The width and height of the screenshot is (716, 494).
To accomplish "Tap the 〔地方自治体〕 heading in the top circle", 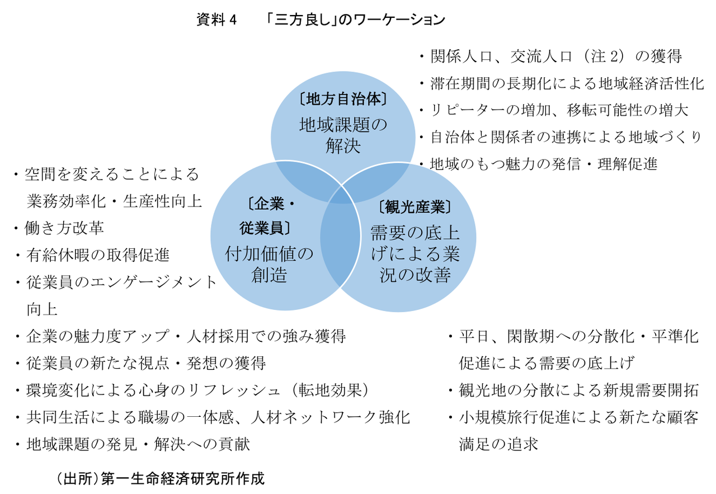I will pos(343,100).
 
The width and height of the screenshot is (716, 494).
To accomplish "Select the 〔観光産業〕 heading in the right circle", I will pos(414,208).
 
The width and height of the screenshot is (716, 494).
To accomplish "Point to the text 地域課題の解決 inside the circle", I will pos(343,135).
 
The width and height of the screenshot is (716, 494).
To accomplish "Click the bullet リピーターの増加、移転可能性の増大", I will pos(559,110).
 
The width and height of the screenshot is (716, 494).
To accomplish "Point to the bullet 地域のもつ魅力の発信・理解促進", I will pos(543,164).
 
